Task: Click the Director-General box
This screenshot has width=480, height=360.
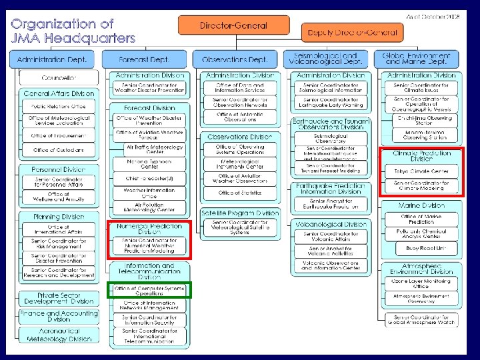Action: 233,25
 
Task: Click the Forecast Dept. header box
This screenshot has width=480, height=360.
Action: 145,59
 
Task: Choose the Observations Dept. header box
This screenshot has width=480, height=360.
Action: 234,59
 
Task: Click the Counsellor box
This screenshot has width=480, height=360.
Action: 59,78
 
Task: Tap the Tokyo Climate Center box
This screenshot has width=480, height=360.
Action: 421,171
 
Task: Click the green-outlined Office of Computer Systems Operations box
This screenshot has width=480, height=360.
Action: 149,290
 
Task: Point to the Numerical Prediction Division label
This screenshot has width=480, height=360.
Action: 149,229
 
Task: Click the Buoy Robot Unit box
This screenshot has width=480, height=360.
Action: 421,248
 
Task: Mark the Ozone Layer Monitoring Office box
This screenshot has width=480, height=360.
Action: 421,283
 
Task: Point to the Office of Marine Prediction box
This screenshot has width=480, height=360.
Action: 421,219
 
